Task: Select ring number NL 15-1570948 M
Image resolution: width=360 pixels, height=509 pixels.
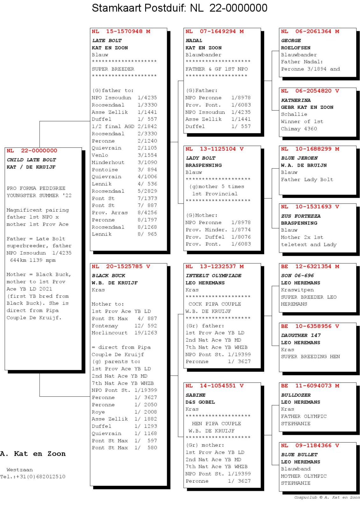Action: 121,31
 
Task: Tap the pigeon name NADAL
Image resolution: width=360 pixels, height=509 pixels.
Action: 194,41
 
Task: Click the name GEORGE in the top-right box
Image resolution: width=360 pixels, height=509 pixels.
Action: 291,41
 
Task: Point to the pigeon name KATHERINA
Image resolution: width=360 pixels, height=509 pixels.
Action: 296,100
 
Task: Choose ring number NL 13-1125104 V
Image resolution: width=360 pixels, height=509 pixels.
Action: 215,149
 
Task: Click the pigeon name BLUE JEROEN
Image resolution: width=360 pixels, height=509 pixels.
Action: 299,158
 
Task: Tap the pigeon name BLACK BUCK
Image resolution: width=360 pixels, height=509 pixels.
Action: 109,275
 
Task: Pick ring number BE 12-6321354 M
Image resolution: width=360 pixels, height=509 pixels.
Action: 310,266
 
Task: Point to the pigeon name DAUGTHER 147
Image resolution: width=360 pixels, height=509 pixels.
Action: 301,335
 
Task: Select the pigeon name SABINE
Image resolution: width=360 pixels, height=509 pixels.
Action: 195,395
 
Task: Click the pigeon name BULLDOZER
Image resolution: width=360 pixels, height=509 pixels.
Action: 296,395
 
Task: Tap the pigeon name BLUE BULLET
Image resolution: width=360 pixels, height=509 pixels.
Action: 299,455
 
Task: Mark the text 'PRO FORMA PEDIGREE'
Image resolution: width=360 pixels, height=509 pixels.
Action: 36,188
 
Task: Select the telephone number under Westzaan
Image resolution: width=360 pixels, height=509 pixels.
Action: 33,477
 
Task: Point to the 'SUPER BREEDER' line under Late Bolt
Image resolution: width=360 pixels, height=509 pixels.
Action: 113,69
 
